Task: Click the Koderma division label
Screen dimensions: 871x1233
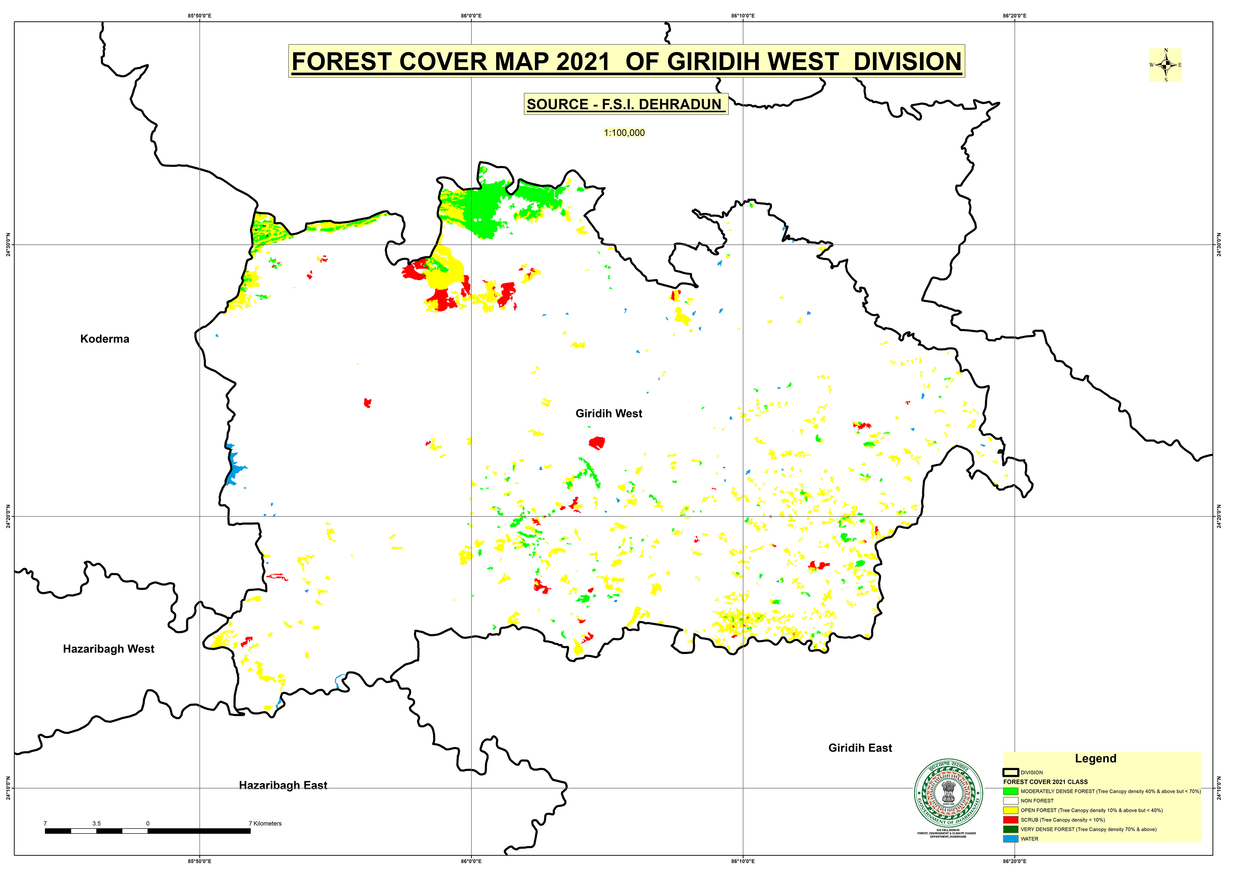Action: (105, 339)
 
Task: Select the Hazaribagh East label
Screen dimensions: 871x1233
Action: (283, 785)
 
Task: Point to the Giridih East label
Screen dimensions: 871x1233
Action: (860, 747)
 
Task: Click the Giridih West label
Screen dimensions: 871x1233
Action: (608, 413)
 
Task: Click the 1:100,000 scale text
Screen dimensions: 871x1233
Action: (624, 133)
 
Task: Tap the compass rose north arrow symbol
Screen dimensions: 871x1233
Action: (1165, 65)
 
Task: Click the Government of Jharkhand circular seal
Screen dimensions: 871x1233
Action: (949, 793)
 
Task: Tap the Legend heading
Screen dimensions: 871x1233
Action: (1095, 758)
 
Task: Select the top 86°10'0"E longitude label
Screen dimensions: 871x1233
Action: (743, 16)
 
